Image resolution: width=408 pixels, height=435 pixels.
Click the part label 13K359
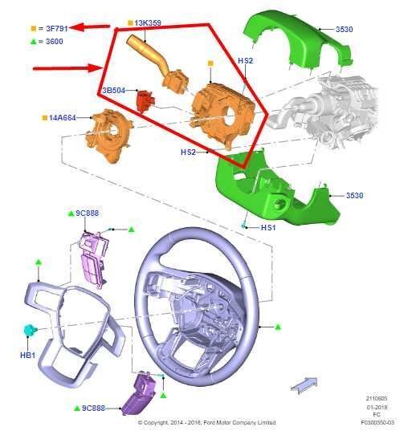tap(148, 22)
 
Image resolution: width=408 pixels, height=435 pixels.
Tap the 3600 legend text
tap(54, 42)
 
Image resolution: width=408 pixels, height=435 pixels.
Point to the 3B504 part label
tap(114, 91)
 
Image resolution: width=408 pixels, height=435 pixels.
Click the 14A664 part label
tap(62, 118)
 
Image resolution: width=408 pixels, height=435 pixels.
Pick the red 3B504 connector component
tap(145, 100)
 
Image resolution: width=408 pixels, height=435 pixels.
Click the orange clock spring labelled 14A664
tap(108, 135)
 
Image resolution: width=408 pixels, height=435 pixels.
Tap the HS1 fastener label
tap(268, 227)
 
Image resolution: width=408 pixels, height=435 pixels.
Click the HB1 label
tap(28, 355)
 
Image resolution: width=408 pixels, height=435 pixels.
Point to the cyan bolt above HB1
tap(30, 330)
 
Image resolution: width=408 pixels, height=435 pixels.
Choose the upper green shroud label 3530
tap(345, 29)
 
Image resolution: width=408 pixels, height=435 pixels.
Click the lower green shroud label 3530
tap(354, 196)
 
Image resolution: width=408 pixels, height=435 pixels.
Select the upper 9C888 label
tap(88, 213)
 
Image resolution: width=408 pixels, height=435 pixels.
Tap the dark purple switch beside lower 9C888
tap(139, 393)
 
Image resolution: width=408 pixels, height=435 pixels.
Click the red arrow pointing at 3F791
tap(90, 27)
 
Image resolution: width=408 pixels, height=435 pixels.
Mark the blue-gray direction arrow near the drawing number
tap(304, 385)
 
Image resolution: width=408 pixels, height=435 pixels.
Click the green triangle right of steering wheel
tap(278, 327)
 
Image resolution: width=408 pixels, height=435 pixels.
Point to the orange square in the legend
tap(34, 28)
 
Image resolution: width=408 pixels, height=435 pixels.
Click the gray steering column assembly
tap(324, 111)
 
